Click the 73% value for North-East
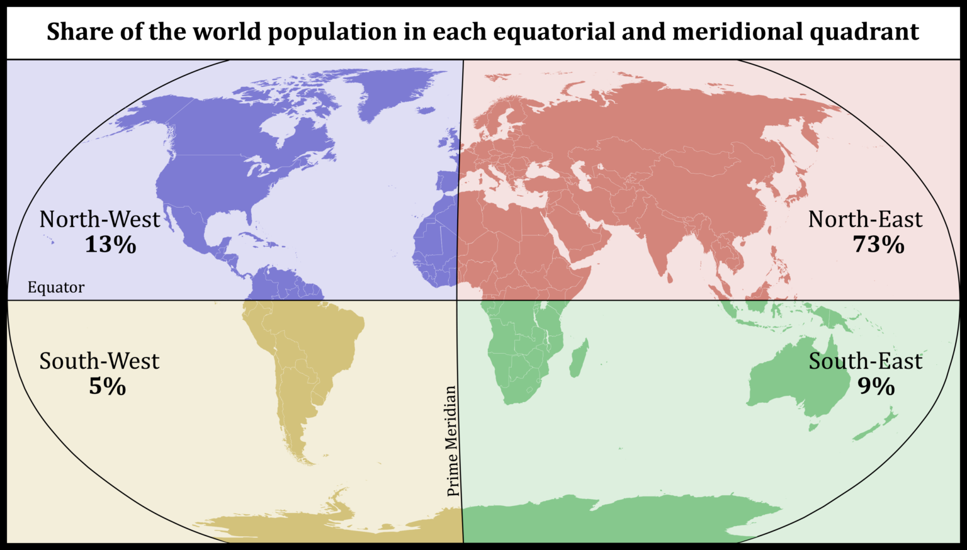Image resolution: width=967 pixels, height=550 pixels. point(878,244)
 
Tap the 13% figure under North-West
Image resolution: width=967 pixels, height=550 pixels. point(110,244)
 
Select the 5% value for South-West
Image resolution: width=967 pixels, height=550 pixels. point(107,386)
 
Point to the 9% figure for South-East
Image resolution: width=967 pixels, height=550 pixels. point(876,386)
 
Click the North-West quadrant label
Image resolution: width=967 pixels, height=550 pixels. point(99,219)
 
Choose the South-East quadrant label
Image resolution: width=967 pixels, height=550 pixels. point(865,361)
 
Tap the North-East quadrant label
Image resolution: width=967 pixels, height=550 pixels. point(865,219)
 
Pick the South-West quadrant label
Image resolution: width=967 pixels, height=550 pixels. point(99,361)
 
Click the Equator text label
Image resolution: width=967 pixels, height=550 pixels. point(56,288)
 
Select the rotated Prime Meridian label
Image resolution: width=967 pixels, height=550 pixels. point(451,441)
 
